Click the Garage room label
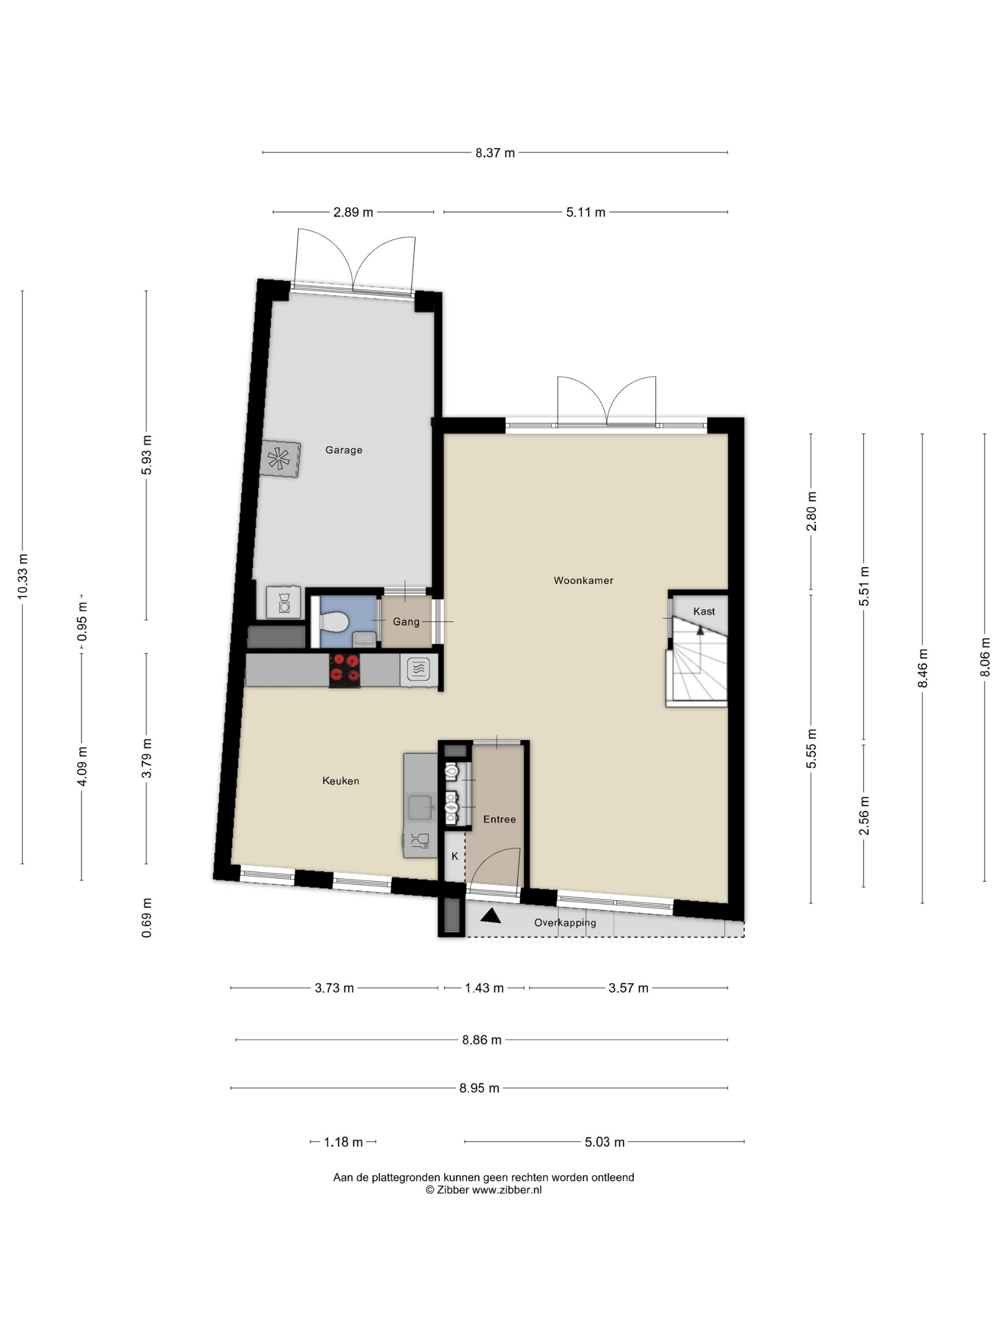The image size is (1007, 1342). pos(343,450)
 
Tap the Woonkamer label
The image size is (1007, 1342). pos(583,580)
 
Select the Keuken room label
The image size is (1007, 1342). pos(340,780)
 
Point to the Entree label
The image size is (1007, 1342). pos(499,819)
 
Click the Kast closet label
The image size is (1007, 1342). pos(703,611)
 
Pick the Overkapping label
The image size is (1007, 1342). pos(564,922)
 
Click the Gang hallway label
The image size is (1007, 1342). pos(406,621)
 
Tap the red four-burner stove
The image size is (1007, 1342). pos(345,670)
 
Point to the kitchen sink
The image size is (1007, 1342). pos(420,807)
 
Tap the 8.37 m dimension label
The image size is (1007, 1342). pos(495,153)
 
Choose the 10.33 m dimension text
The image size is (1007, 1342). pos(23,577)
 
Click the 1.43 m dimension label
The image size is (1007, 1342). pos(484,988)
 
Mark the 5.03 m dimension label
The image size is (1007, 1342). pos(605,1142)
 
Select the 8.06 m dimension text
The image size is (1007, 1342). pos(984,657)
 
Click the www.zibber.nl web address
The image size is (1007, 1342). pos(507,1190)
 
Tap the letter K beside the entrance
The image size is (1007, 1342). pos(455,856)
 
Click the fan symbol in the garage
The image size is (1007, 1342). pos(279,459)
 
